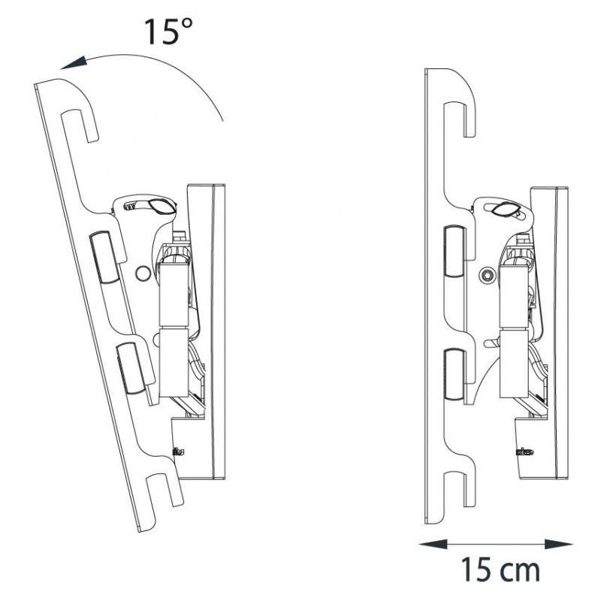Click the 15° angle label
click(x=168, y=31)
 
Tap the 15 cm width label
click(x=500, y=569)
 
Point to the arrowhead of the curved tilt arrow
click(x=73, y=62)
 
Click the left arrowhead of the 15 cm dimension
click(x=433, y=544)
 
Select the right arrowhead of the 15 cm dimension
click(x=558, y=544)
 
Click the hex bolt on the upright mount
click(x=488, y=275)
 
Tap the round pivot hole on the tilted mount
click(x=143, y=273)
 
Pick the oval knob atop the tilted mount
click(x=162, y=207)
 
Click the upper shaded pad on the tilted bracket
click(x=104, y=257)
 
